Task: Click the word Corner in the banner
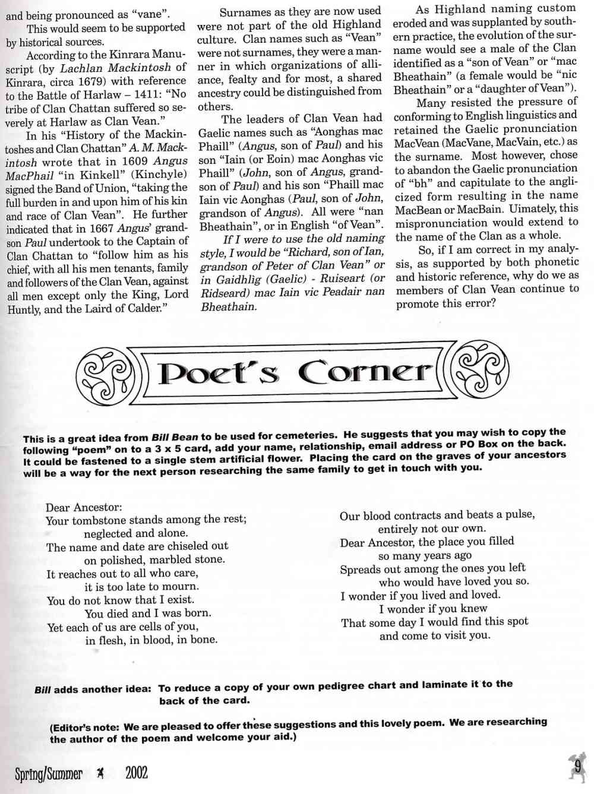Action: pyautogui.click(x=364, y=372)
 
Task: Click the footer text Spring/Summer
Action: pyautogui.click(x=49, y=773)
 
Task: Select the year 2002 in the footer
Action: pyautogui.click(x=137, y=773)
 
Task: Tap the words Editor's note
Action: pyautogui.click(x=86, y=727)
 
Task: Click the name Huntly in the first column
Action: pyautogui.click(x=24, y=309)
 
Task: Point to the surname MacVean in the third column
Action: pyautogui.click(x=419, y=143)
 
